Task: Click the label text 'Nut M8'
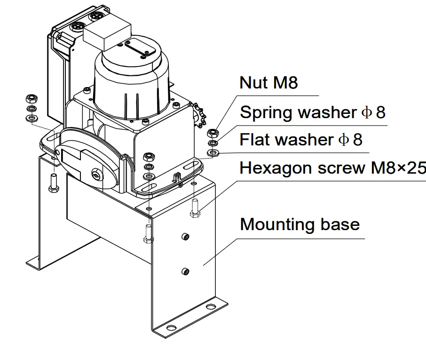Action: click(268, 83)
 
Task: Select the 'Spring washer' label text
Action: click(299, 113)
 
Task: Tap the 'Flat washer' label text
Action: click(287, 140)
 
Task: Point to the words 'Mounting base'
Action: click(300, 224)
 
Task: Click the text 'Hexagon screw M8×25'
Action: click(332, 168)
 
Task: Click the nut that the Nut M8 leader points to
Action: click(213, 133)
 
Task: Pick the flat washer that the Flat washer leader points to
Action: click(213, 152)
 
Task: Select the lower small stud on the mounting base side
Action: click(185, 271)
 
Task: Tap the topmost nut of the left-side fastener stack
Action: click(31, 98)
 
